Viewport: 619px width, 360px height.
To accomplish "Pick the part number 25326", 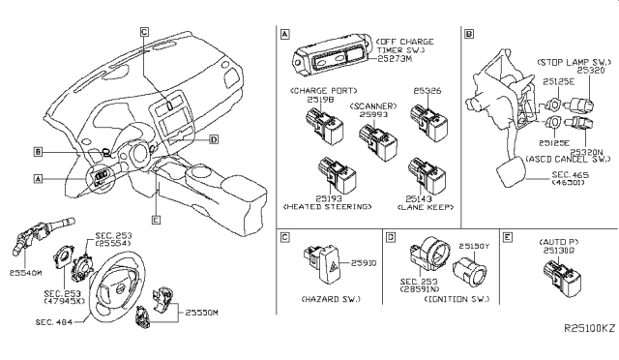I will click(x=427, y=91).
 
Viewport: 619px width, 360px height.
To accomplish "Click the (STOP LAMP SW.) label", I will click(x=571, y=60).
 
